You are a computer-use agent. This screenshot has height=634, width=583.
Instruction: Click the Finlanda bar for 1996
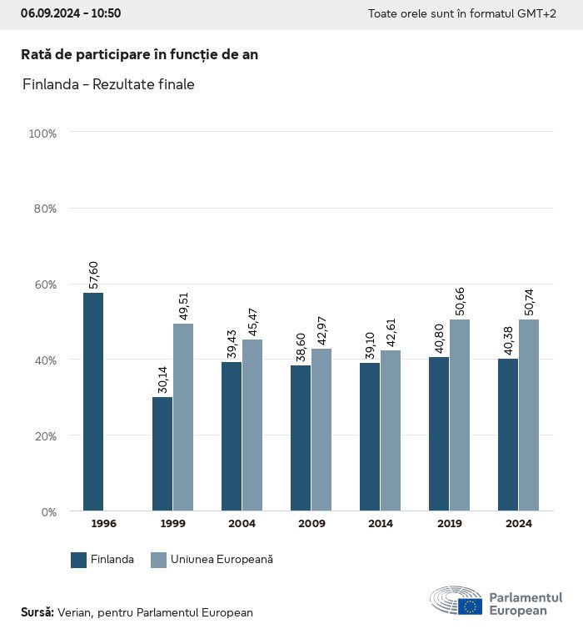pos(93,401)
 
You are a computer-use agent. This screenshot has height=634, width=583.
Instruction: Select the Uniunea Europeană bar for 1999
pos(183,417)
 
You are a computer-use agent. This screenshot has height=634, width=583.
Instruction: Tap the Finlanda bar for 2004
pos(232,436)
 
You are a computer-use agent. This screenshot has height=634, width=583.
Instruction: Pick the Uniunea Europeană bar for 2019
pos(460,415)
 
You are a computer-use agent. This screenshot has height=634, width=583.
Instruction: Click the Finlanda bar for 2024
pos(508,435)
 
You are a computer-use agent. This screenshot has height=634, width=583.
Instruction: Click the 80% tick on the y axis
pos(43,209)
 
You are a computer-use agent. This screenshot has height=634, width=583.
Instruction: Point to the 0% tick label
pos(47,511)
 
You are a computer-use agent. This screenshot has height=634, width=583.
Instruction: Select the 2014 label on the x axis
pos(381,524)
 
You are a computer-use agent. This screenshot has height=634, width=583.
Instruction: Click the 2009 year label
pos(311,524)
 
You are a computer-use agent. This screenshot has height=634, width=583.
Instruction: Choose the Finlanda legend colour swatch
pos(79,560)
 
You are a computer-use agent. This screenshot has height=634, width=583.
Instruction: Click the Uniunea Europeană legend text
pos(222,560)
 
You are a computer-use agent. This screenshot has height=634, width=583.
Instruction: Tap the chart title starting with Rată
pos(139,54)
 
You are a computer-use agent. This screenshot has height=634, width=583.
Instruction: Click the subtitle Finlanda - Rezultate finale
pos(107,84)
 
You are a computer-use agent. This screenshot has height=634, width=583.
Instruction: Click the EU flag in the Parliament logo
pos(470,606)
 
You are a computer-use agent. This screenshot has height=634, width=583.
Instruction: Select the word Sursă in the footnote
pos(37,612)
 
